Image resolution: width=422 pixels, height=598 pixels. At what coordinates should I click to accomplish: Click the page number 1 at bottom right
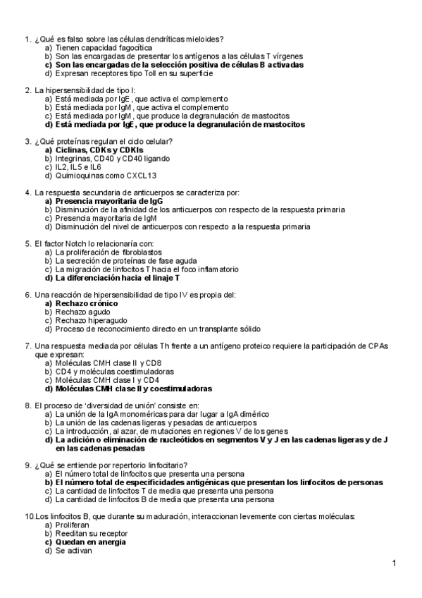point(395,563)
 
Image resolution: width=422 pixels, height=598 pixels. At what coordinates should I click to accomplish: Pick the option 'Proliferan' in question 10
point(72,525)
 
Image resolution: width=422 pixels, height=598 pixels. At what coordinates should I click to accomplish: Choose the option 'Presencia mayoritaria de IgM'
point(106,218)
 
